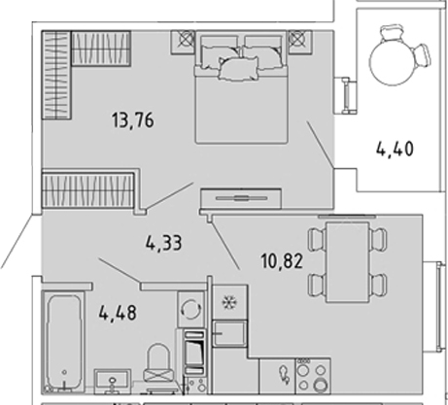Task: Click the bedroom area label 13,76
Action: pos(133,120)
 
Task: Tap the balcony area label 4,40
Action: pos(395,150)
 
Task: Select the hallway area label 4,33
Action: pos(163,243)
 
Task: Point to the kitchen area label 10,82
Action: pos(282,261)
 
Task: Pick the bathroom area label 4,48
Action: pos(118,313)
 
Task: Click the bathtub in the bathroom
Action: pos(63,343)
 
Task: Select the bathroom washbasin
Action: pos(113,381)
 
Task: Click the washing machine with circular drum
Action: pos(191,309)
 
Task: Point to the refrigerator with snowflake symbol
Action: pos(229,302)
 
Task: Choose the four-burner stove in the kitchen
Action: pos(313,376)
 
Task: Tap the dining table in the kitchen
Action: pos(348,262)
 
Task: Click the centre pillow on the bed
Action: pos(239,68)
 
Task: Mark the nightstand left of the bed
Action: pos(183,42)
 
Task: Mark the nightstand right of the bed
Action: pos(300,42)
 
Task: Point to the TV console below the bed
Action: pos(241,198)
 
